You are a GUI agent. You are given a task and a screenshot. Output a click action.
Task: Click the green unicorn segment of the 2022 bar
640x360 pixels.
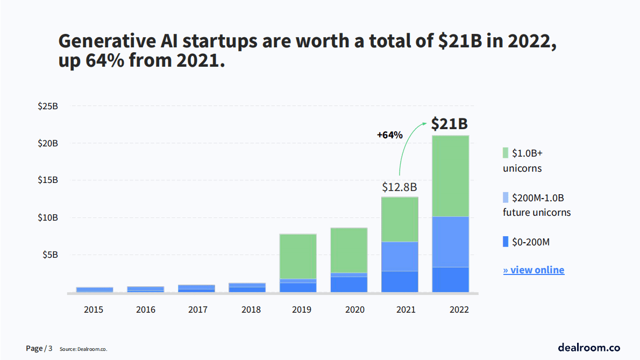click(451, 176)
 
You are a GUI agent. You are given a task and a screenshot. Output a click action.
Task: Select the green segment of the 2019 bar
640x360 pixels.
click(298, 256)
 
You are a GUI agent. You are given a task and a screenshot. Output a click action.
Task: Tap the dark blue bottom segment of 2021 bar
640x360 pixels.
click(400, 281)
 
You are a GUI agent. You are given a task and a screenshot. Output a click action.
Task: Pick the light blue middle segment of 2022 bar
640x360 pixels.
click(451, 242)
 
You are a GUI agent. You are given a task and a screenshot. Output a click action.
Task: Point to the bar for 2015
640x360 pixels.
click(95, 290)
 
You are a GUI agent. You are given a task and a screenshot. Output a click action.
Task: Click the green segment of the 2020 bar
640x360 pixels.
click(349, 250)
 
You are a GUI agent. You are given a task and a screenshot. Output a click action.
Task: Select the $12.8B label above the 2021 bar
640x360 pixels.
click(400, 187)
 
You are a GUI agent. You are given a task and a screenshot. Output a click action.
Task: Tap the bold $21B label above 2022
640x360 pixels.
click(450, 124)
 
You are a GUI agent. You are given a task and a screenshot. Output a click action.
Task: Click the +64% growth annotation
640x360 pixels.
click(389, 135)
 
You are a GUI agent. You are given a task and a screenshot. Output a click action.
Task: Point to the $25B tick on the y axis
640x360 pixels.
click(48, 106)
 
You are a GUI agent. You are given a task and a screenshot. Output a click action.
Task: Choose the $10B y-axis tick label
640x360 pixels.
click(48, 218)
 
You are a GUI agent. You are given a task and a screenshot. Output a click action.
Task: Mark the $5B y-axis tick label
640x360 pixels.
click(50, 255)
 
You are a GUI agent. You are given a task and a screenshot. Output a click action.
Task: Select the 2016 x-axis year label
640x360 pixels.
click(146, 310)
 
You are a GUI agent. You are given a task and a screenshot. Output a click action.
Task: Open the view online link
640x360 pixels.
click(534, 270)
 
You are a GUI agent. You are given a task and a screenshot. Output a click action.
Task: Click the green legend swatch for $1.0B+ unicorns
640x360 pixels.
click(506, 153)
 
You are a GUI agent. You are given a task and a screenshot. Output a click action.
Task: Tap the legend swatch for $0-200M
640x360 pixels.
click(506, 242)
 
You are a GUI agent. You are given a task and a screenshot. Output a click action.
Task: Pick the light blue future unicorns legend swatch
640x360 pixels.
click(506, 197)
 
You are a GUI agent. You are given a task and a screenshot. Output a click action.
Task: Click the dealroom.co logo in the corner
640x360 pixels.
click(589, 347)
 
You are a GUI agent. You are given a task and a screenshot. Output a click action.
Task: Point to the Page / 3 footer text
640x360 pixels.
click(39, 349)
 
